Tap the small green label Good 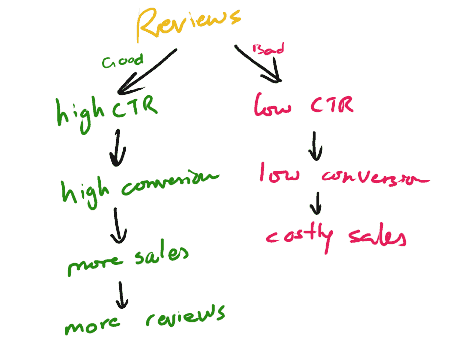[122, 61]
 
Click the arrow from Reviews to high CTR [146, 72]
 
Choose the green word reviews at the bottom [185, 316]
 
